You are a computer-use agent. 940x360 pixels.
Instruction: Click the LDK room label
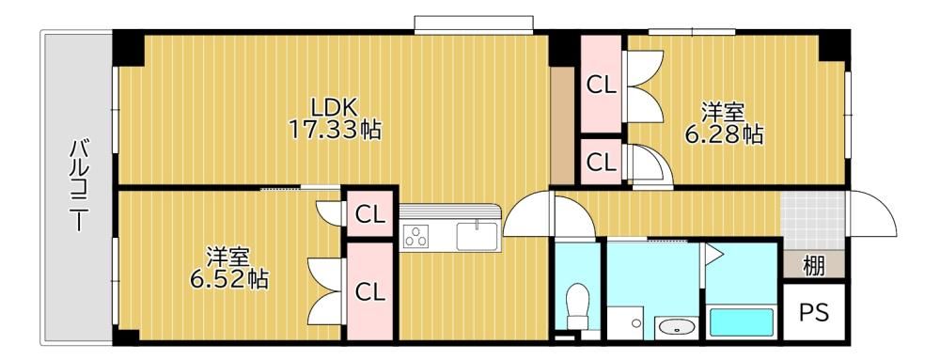tap(335, 107)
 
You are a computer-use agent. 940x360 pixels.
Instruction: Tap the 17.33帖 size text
tap(335, 129)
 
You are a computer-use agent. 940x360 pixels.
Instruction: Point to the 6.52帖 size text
tap(228, 279)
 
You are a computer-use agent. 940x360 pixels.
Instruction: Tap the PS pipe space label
tap(814, 312)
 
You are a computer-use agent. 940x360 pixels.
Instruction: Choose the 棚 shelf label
tap(813, 266)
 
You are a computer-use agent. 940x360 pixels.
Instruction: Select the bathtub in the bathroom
tap(742, 322)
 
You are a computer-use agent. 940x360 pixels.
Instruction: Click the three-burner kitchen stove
tap(415, 236)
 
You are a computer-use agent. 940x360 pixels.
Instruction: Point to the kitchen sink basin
tap(477, 236)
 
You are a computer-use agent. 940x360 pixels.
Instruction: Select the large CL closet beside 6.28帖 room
tap(601, 85)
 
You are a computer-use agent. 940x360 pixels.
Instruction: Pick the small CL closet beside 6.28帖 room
tap(601, 162)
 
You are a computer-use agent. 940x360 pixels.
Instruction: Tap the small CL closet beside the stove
tap(369, 214)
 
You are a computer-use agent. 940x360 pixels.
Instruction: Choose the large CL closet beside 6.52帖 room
tap(369, 291)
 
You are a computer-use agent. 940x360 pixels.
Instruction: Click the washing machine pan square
tap(626, 323)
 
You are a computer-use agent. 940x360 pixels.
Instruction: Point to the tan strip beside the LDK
tap(562, 125)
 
